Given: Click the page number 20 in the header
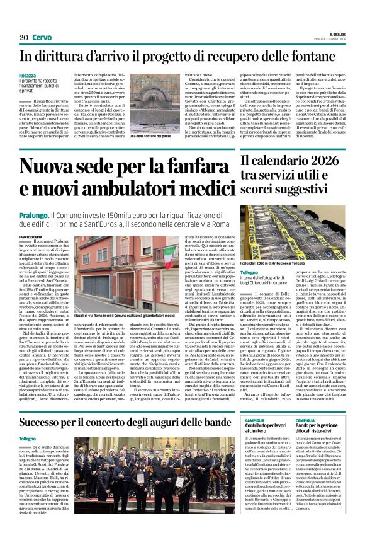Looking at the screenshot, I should pyautogui.click(x=23, y=38).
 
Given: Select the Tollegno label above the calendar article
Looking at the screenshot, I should pyautogui.click(x=267, y=272).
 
